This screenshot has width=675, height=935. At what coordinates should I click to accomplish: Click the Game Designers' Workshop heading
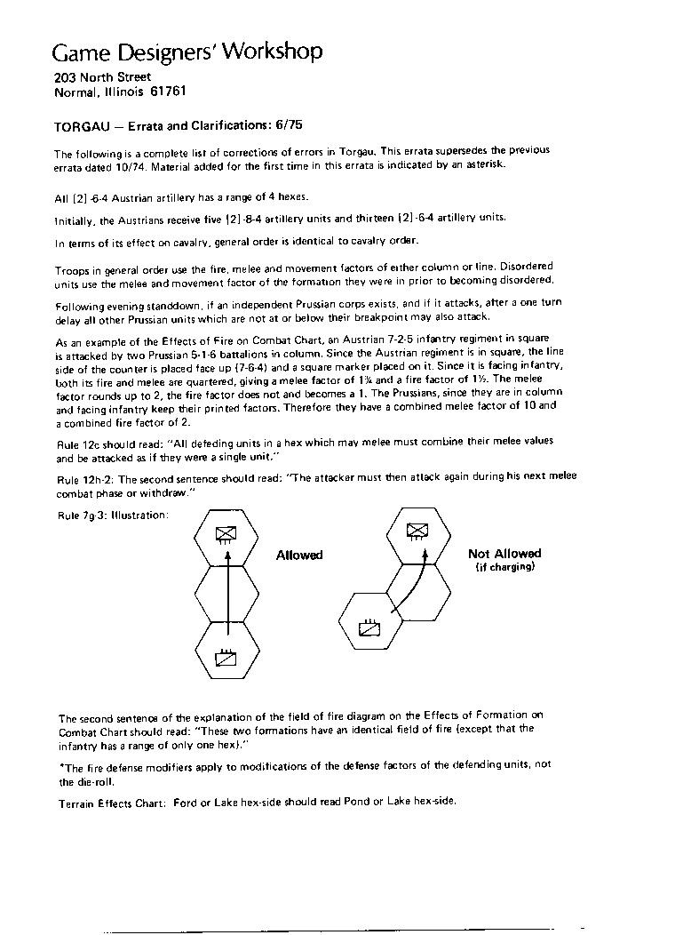point(187,52)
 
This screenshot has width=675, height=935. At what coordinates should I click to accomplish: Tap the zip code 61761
point(168,92)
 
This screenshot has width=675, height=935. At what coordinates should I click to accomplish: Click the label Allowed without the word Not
point(299,555)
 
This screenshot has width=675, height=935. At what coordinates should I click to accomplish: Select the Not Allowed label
point(504,554)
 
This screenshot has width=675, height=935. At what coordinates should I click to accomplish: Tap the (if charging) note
point(504,567)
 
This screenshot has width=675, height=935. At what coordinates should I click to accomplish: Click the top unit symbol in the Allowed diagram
point(226,532)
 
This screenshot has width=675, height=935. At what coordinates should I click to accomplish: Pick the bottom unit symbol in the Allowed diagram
point(226,659)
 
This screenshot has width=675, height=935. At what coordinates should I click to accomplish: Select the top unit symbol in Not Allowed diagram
point(417,531)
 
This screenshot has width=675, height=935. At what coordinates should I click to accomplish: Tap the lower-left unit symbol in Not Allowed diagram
point(369,629)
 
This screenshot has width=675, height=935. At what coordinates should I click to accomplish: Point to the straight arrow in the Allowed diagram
point(227,595)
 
